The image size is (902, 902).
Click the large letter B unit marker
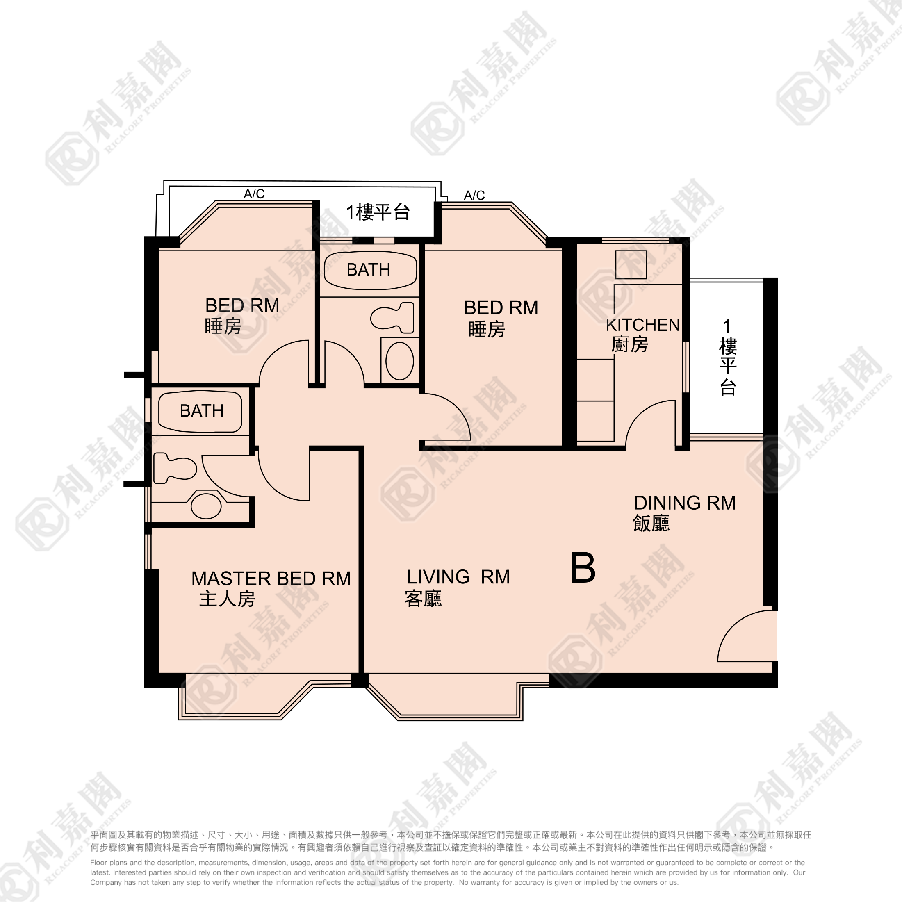coord(583,568)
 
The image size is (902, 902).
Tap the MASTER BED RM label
coord(271,579)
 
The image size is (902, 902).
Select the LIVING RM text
coord(458,577)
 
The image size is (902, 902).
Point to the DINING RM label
coord(684,503)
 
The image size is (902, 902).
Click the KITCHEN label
coord(643,325)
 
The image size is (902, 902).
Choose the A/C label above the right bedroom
coord(474,195)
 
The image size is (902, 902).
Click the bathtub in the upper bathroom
coord(370,271)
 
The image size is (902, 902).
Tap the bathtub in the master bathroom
coord(200,411)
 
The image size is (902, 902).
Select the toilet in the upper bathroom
coord(393,317)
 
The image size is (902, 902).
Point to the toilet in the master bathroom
coord(175,468)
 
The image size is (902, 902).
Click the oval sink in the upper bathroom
coord(400,361)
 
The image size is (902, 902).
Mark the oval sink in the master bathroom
coord(206,506)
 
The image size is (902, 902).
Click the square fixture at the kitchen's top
coord(631,265)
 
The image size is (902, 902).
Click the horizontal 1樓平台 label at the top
coord(378,212)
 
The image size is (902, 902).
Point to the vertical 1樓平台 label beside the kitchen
coord(727,357)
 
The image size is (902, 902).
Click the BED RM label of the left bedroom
coord(242,306)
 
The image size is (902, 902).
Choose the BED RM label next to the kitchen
coord(501,307)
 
